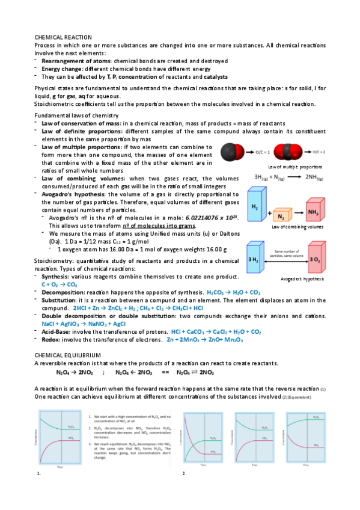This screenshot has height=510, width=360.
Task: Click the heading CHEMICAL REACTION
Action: point(63,37)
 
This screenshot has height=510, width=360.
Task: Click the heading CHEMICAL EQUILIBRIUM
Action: point(67,356)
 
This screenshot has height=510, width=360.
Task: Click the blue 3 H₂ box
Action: point(254,259)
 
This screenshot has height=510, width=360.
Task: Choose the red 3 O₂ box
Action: point(313,259)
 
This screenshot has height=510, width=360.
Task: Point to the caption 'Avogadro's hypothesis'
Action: point(302,280)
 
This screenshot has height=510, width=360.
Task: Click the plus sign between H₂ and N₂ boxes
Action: point(268,214)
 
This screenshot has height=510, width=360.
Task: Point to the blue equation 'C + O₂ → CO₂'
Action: point(59,284)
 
